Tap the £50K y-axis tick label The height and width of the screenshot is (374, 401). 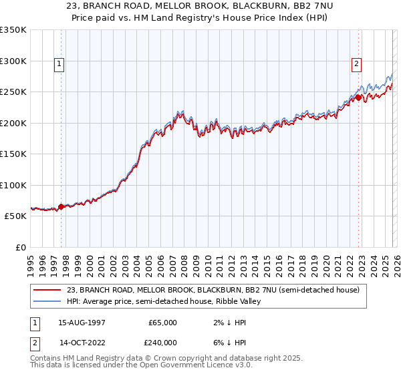pos(15,216)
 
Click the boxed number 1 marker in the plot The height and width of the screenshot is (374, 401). pos(59,64)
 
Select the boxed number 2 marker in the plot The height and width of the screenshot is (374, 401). pos(356,64)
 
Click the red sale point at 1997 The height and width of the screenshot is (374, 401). pos(61,207)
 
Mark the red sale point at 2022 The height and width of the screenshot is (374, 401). pos(359,98)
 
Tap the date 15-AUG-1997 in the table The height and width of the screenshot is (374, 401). pos(82,323)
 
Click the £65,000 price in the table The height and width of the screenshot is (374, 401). pos(162,323)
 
